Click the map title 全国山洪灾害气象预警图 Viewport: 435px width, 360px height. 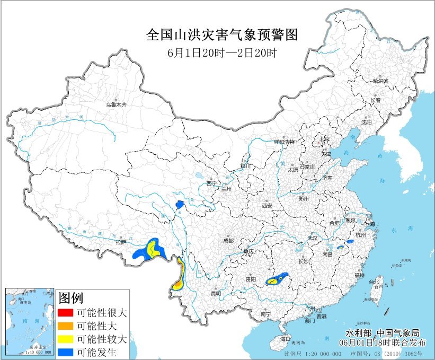221,35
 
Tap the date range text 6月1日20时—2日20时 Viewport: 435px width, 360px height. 222,52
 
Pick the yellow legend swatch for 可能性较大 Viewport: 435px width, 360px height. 66,338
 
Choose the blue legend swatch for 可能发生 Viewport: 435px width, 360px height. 66,351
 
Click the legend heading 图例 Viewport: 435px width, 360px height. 71,297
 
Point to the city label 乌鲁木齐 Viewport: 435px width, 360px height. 116,105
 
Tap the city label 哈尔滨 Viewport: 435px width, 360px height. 380,81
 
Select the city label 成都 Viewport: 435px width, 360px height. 228,241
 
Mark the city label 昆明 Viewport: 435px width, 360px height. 216,293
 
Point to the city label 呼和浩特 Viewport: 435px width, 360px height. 283,142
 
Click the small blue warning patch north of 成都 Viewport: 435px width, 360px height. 179,203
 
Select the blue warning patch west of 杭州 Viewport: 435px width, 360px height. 350,242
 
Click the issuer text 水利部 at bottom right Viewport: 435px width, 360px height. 358,333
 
